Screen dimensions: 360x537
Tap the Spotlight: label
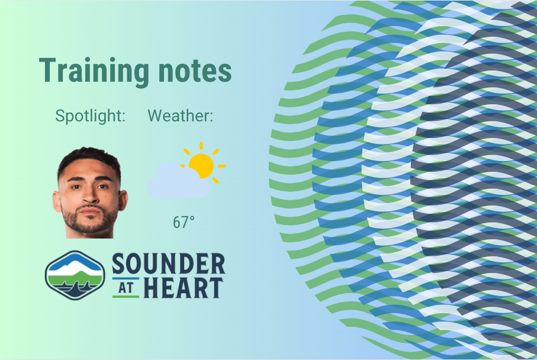coord(91,116)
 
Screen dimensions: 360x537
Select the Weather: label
coord(180,116)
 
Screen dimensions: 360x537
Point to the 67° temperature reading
coord(184,223)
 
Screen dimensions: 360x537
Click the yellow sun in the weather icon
coord(201,166)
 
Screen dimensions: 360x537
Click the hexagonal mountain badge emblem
coord(75,275)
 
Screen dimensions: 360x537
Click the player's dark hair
coord(89,157)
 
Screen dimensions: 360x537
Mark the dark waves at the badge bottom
coord(75,290)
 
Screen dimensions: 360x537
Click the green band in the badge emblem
coord(75,278)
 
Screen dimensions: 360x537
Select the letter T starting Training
coord(48,72)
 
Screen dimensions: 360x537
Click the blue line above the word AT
coord(126,278)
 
